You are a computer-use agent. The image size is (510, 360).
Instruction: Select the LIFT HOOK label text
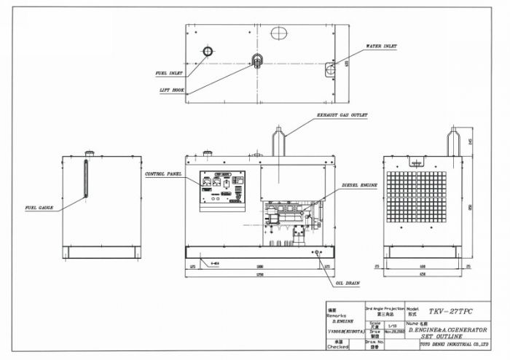pos(170,90)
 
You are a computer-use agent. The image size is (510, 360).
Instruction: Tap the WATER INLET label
pos(381,46)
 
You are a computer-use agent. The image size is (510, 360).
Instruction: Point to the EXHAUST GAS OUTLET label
pos(342,115)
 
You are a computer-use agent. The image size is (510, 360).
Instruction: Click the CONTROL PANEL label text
pos(162,175)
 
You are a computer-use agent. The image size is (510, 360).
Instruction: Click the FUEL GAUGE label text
pos(39,208)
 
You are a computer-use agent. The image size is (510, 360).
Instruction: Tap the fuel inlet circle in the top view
pos(207,51)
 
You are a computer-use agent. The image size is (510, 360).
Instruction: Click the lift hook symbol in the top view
pos(256,60)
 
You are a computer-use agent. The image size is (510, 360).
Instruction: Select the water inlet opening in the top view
pos(329,69)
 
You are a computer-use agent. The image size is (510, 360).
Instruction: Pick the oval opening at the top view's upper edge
pos(279,33)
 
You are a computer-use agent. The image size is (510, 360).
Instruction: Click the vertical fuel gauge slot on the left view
pos(86,179)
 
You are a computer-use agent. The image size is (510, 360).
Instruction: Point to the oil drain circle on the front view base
pos(317,253)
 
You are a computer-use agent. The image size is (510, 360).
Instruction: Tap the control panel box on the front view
pos(222,190)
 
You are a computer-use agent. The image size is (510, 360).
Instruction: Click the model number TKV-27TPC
pos(451,311)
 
